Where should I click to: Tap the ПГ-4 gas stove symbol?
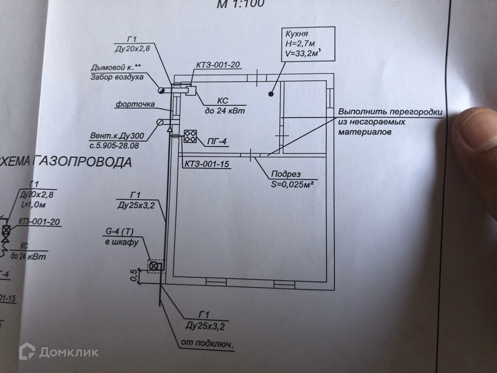click(190, 136)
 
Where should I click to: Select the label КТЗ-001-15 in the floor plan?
click(206, 164)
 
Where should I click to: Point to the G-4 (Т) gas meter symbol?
click(154, 266)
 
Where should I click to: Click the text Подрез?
click(286, 174)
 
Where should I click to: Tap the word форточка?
click(135, 104)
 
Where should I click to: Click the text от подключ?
click(207, 343)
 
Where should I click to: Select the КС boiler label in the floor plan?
click(223, 100)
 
